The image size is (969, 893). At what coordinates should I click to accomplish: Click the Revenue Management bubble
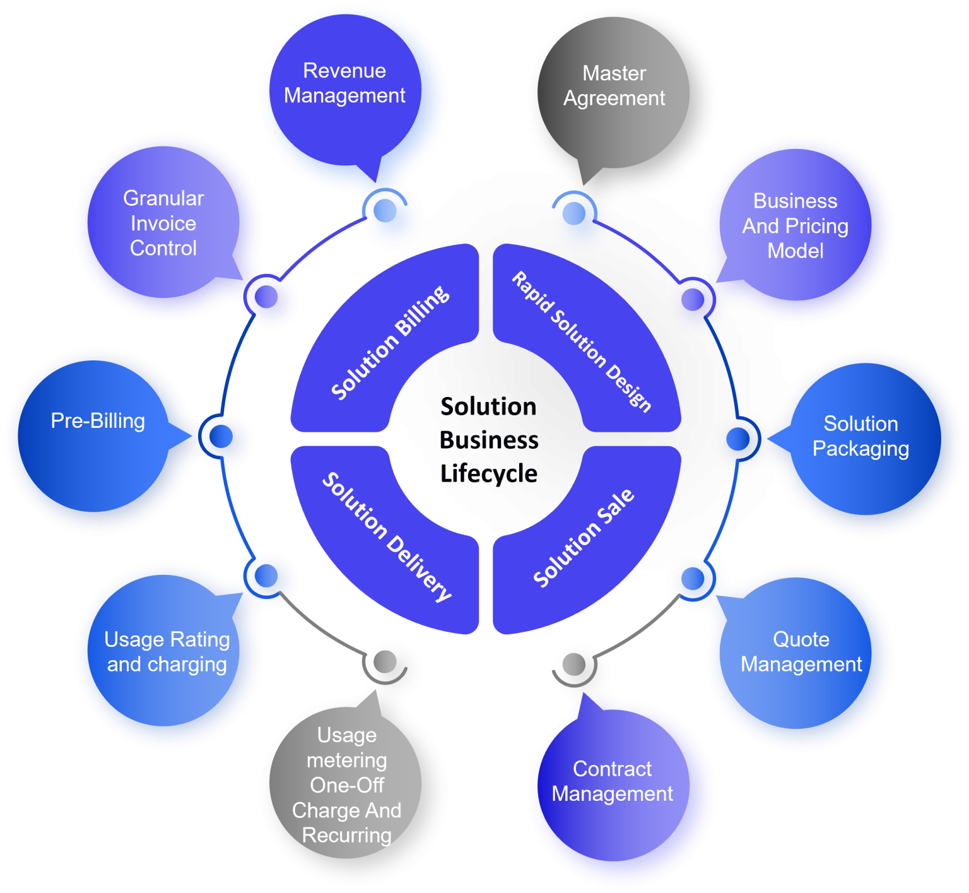[x=344, y=95]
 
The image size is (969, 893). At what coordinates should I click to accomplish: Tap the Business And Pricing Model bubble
[x=795, y=225]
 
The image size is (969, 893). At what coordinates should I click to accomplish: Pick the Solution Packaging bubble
[x=860, y=437]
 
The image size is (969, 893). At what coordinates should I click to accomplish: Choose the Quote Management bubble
[x=801, y=652]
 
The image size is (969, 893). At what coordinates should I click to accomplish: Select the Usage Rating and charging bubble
[x=167, y=652]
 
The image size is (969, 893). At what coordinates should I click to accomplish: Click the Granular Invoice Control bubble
[x=163, y=223]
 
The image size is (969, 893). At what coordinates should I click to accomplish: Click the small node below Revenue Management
[x=385, y=212]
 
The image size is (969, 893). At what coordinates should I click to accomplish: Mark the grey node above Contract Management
[x=573, y=665]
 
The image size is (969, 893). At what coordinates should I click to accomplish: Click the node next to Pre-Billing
[x=221, y=437]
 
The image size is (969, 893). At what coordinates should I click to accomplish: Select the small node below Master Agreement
[x=573, y=213]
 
